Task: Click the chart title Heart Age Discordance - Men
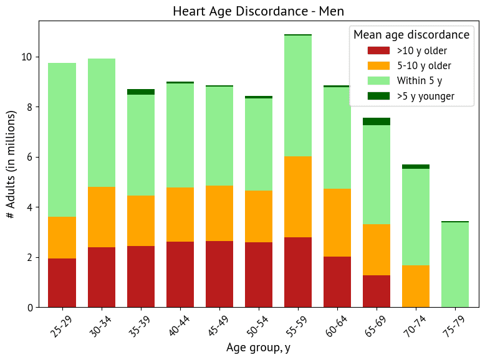258,11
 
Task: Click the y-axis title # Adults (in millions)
11,164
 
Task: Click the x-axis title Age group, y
258,348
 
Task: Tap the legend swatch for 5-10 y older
378,65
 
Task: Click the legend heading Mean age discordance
411,34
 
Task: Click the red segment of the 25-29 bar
62,283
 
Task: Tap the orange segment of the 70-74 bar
415,286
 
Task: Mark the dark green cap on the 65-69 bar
376,121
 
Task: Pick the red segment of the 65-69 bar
376,291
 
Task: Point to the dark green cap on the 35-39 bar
140,92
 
